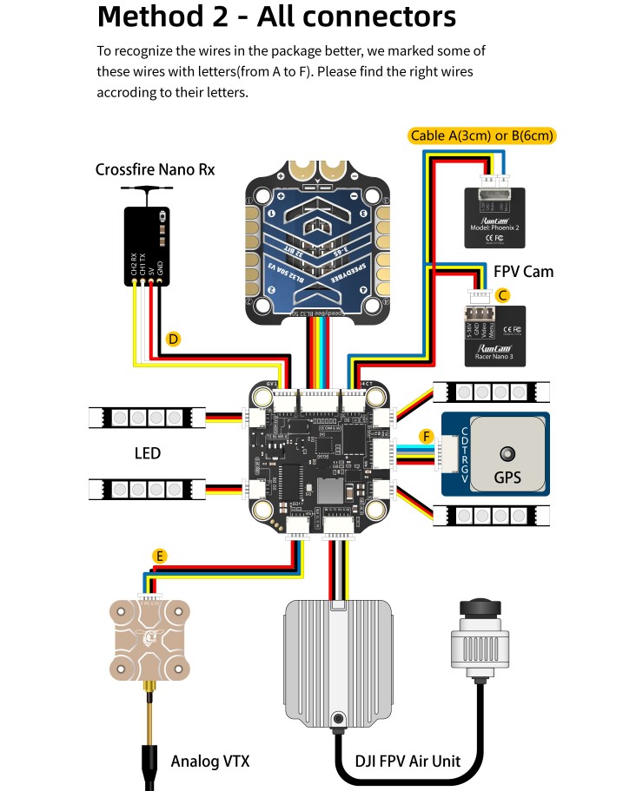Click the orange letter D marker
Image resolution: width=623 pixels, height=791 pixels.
(173, 339)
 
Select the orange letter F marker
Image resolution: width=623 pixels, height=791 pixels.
(426, 436)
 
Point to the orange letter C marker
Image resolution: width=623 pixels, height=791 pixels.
(502, 295)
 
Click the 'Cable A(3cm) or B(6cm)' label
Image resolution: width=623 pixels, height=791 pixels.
(481, 135)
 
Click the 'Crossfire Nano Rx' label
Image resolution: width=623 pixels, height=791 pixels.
(155, 169)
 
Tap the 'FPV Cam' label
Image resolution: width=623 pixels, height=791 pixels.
(523, 272)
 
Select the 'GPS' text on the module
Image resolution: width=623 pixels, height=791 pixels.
(507, 477)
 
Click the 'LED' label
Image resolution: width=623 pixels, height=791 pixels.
(148, 453)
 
